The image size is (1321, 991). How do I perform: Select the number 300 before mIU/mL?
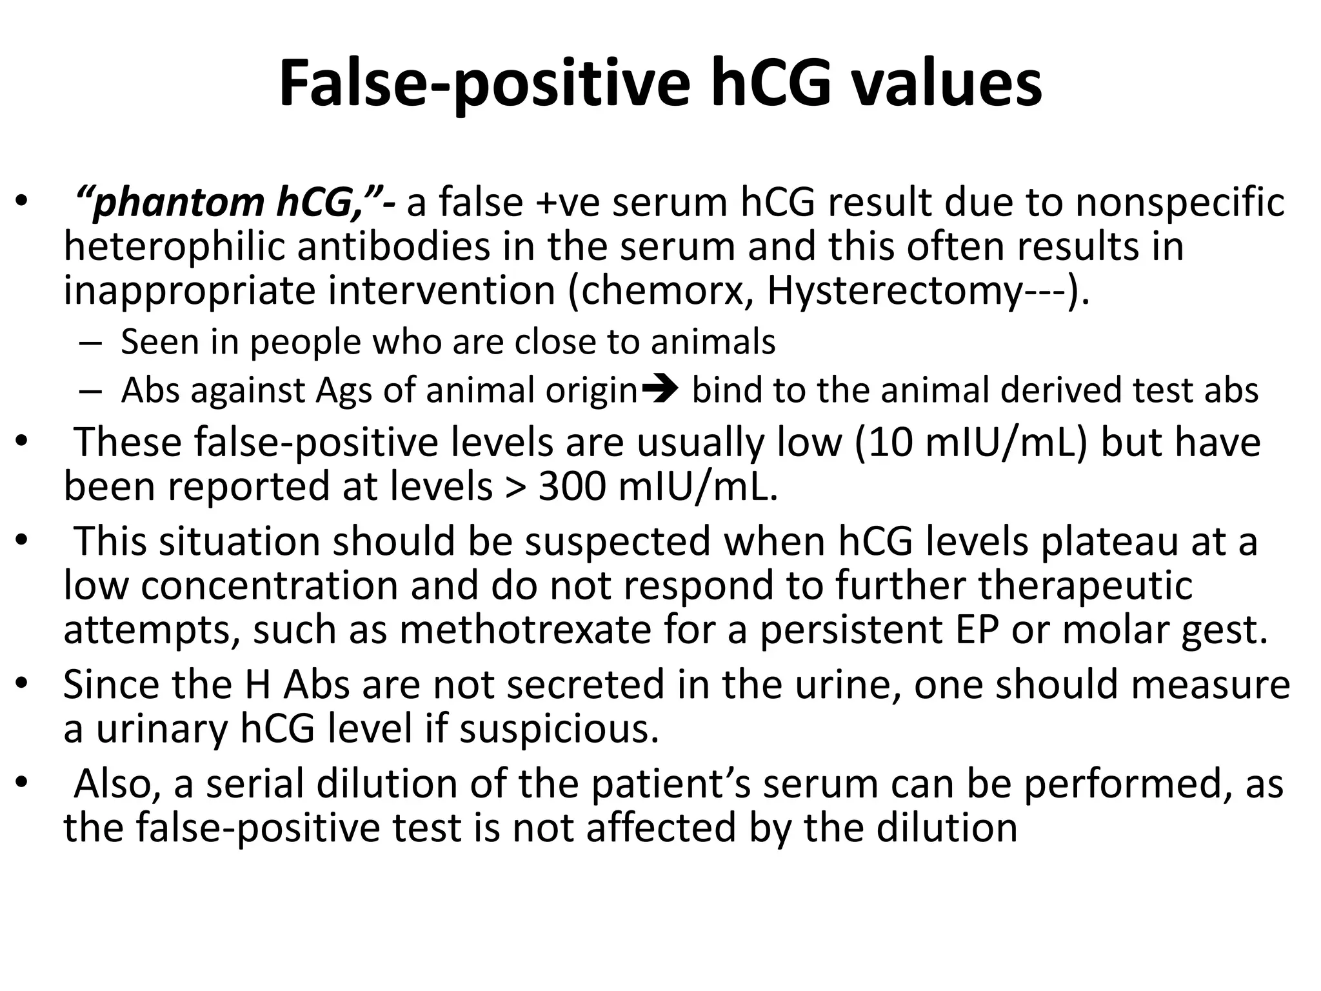point(573,487)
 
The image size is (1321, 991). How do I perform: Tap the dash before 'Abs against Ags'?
point(91,391)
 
